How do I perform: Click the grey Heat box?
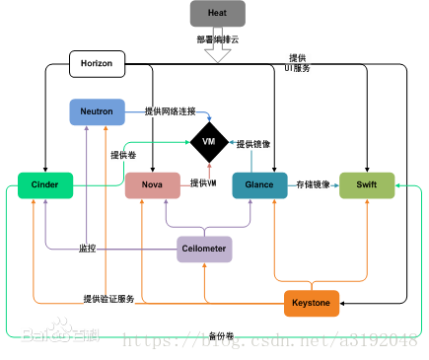[217, 14]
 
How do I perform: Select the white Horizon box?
[98, 64]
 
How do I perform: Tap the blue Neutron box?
[98, 111]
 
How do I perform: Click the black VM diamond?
[208, 142]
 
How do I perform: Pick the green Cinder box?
[45, 184]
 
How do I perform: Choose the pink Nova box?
[153, 184]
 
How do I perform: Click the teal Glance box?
[259, 184]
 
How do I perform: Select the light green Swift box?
[367, 184]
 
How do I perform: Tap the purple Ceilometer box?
[204, 250]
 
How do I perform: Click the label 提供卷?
[122, 155]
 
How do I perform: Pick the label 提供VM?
[203, 183]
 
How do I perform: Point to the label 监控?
[87, 249]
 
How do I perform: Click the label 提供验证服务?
[107, 298]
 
